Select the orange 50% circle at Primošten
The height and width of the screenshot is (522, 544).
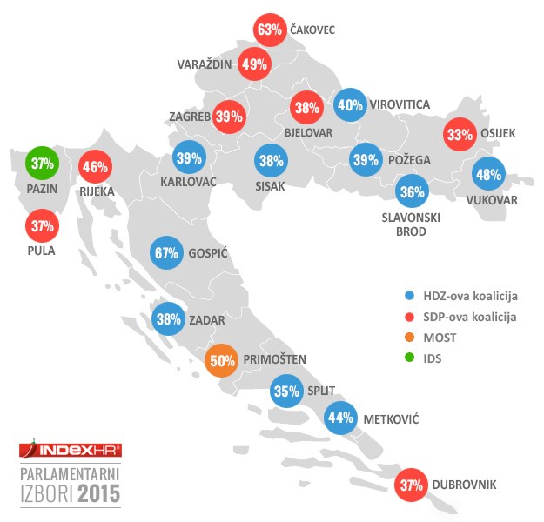[x=221, y=359]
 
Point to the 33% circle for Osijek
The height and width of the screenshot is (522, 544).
[x=459, y=134]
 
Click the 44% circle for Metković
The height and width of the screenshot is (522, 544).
[x=340, y=418]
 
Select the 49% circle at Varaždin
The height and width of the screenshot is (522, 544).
[x=254, y=64]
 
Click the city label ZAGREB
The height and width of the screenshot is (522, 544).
[x=190, y=117]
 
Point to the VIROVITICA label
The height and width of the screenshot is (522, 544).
[x=400, y=104]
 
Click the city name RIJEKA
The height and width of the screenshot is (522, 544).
[x=97, y=187]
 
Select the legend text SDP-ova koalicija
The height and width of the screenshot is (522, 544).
[x=470, y=317]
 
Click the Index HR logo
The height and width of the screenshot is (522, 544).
[x=71, y=450]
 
